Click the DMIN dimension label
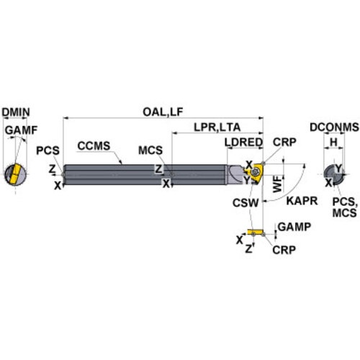[x=16, y=112]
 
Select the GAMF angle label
[x=22, y=130]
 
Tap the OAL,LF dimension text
[x=163, y=112]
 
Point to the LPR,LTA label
[x=217, y=127]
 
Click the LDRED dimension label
[x=243, y=143]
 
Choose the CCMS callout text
[x=94, y=145]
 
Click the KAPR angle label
[x=302, y=201]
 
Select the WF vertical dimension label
[x=277, y=184]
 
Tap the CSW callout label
[x=246, y=203]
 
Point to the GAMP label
[x=294, y=227]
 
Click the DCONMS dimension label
[x=334, y=127]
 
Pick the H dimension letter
[x=334, y=143]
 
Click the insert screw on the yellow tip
[x=254, y=172]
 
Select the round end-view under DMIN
[x=16, y=174]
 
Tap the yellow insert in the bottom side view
[x=256, y=232]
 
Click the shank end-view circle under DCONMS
[x=334, y=175]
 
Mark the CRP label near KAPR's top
[x=284, y=143]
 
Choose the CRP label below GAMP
[x=284, y=250]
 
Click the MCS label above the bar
[x=150, y=150]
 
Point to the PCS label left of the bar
[x=48, y=150]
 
